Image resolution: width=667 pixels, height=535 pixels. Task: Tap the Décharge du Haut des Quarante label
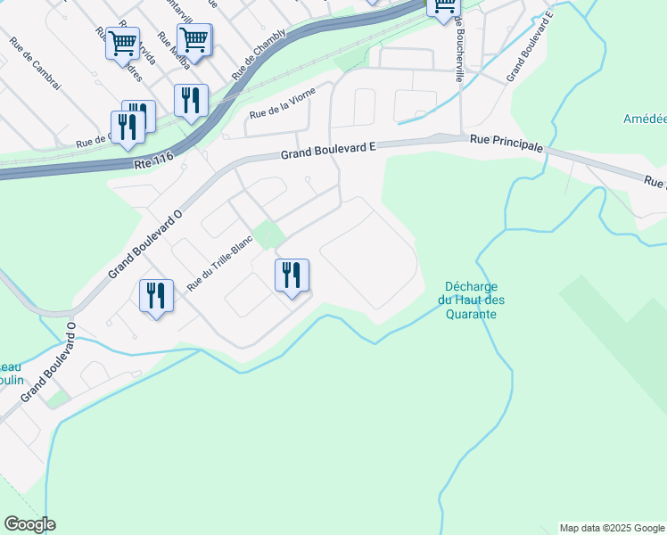pyautogui.click(x=472, y=300)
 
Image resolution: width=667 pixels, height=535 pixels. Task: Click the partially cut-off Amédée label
pyautogui.click(x=645, y=119)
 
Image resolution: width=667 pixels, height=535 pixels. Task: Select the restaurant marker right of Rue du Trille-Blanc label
pyautogui.click(x=291, y=276)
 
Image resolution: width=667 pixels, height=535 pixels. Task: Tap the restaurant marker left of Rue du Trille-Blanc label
pyautogui.click(x=156, y=296)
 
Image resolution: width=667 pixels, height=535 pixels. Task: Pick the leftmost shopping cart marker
pyautogui.click(x=122, y=43)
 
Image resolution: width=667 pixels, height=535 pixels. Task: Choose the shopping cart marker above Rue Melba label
pyautogui.click(x=194, y=39)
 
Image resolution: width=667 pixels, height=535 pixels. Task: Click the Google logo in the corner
pyautogui.click(x=29, y=524)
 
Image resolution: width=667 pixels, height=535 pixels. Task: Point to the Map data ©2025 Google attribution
pyautogui.click(x=612, y=528)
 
